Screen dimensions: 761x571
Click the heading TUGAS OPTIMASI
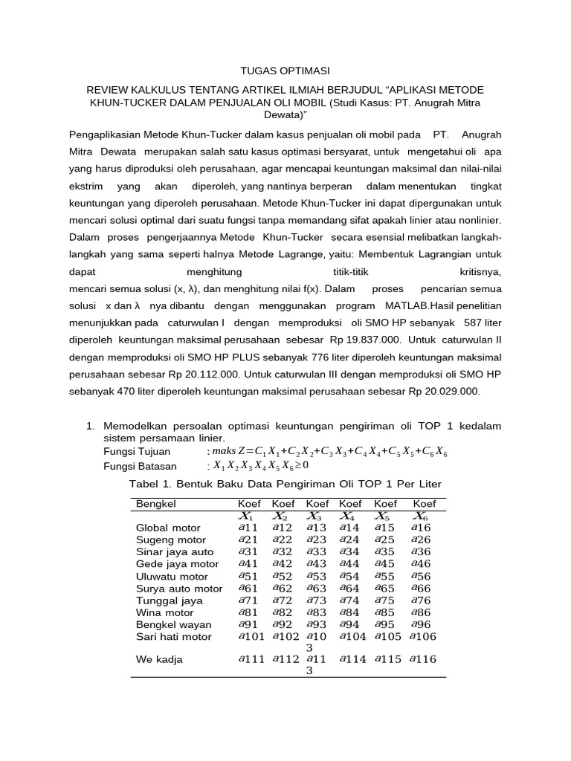point(285,71)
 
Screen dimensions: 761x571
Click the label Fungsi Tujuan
point(136,452)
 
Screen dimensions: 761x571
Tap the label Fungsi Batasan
point(140,467)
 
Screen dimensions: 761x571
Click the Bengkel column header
point(153,504)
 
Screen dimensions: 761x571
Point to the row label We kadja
point(159,659)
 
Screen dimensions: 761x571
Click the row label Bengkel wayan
point(173,625)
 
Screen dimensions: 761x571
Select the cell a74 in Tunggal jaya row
point(349,600)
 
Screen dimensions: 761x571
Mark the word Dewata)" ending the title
point(285,116)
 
